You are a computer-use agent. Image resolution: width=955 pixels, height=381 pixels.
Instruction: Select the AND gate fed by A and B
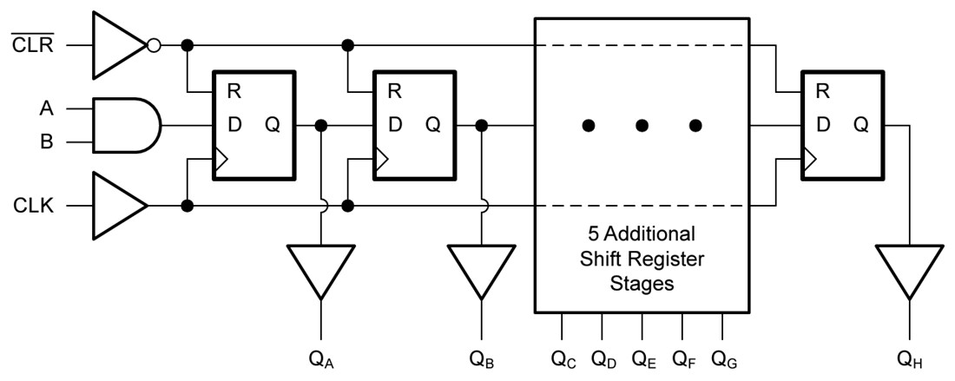click(x=126, y=125)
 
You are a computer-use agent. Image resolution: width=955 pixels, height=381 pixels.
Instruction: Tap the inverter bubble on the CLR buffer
click(x=154, y=44)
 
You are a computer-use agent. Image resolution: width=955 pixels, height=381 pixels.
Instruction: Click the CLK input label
click(x=35, y=207)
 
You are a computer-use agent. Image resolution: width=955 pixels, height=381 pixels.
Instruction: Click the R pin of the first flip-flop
click(x=234, y=90)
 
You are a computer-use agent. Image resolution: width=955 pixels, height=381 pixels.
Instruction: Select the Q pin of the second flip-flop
click(x=432, y=125)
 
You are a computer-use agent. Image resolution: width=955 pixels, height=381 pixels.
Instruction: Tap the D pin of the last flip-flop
click(x=822, y=125)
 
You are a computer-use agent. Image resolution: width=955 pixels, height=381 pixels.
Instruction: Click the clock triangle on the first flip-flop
click(x=221, y=158)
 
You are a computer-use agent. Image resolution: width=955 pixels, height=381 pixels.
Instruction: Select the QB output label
click(x=482, y=358)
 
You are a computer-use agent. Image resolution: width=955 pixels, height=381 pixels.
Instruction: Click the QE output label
click(x=643, y=358)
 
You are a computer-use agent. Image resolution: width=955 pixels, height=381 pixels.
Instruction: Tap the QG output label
click(x=724, y=358)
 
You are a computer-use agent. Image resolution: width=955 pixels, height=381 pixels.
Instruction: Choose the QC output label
click(x=563, y=358)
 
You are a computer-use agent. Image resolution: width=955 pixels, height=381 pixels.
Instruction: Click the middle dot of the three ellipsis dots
click(x=642, y=126)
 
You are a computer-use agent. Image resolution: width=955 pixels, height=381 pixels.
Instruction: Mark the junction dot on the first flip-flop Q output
click(x=321, y=126)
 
